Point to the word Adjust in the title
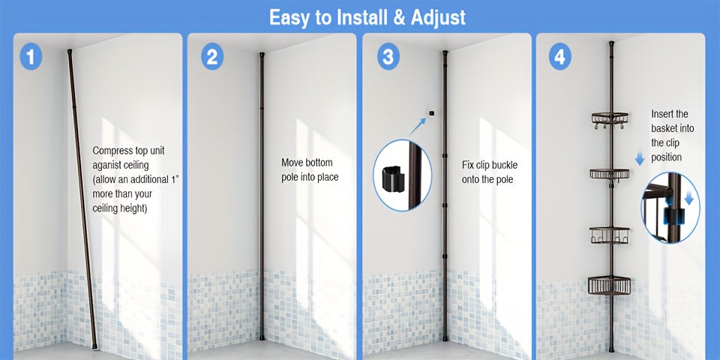[438, 18]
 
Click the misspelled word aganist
[107, 165]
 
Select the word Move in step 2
[292, 163]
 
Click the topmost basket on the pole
[610, 118]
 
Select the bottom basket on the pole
[610, 285]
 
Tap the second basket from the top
[610, 174]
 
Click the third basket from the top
[610, 235]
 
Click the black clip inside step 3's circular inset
[393, 178]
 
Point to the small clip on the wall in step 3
[432, 113]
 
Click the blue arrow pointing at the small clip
[418, 126]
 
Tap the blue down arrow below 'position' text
[639, 159]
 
